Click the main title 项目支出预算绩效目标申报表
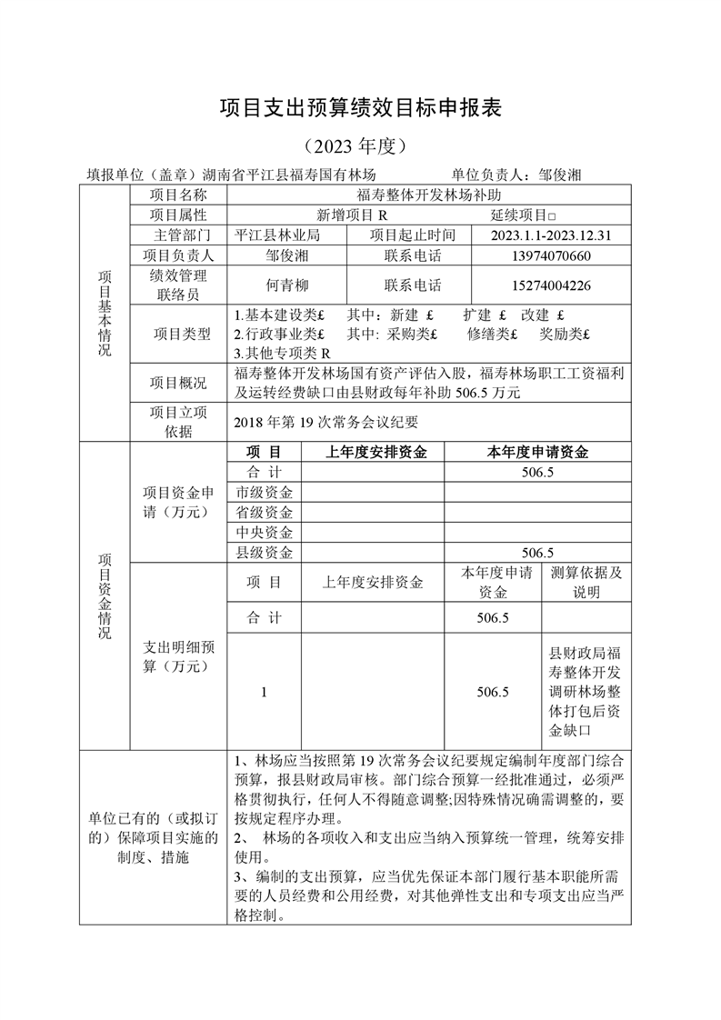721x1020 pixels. [361, 109]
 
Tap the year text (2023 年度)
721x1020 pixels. [360, 145]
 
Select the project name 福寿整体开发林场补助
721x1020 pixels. [429, 195]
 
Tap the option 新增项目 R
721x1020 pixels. [352, 215]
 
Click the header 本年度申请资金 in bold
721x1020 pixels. [537, 452]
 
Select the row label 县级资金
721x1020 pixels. [265, 552]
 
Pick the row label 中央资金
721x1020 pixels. [265, 532]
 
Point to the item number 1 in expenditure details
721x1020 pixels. [264, 692]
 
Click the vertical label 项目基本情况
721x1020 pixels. [105, 313]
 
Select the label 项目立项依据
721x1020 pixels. [178, 422]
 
